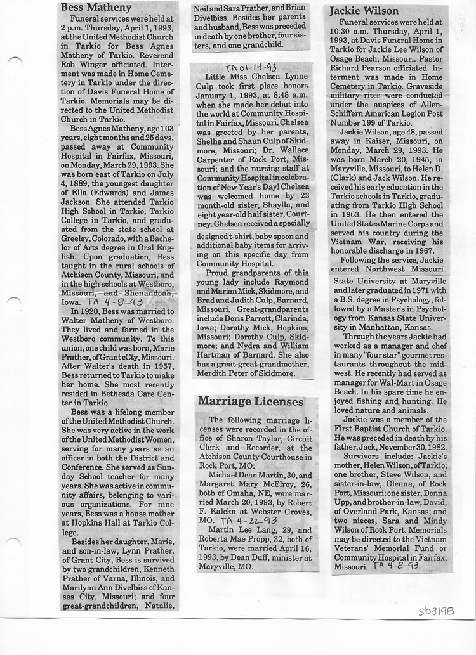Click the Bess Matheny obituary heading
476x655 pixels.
tap(96, 8)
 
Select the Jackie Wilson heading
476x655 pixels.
tap(365, 11)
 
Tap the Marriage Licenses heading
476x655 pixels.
tap(241, 401)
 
